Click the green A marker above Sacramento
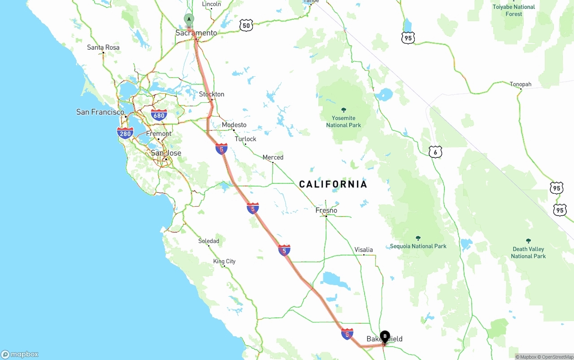[x=189, y=19]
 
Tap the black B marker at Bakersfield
[x=385, y=336]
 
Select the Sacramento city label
[x=196, y=33]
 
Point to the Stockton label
[x=212, y=94]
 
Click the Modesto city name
[x=234, y=125]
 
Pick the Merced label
[x=273, y=157]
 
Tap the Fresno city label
[x=326, y=210]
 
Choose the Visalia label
[x=364, y=250]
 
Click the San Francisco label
[x=100, y=112]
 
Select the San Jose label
[x=166, y=153]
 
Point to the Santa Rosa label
[x=103, y=47]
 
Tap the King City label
[x=224, y=261]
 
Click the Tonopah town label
[x=521, y=84]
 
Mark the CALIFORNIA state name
[x=333, y=184]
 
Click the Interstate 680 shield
[x=159, y=115]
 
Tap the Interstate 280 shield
[x=125, y=133]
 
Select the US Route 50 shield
[x=246, y=26]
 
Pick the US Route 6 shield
[x=435, y=152]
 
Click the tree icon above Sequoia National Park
[x=418, y=238]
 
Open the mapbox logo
[x=20, y=354]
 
